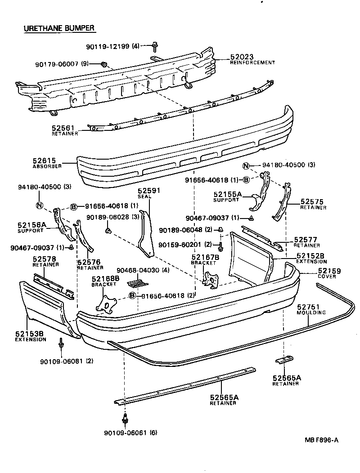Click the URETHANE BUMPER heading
[59, 28]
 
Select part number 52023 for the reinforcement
[242, 57]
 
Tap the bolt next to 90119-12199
[155, 45]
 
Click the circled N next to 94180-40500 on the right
[245, 165]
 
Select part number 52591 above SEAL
[149, 191]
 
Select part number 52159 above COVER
[329, 271]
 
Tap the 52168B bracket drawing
[105, 304]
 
